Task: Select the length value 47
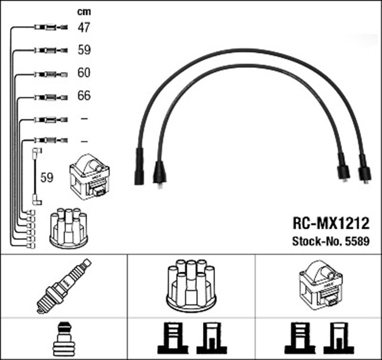(84, 27)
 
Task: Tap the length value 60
(84, 73)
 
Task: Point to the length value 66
(84, 96)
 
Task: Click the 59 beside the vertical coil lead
(47, 177)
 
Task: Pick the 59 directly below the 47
(84, 50)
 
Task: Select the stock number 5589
(358, 242)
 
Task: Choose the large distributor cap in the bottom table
(191, 285)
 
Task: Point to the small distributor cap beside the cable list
(67, 227)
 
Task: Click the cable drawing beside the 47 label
(48, 27)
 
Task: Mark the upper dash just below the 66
(84, 119)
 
